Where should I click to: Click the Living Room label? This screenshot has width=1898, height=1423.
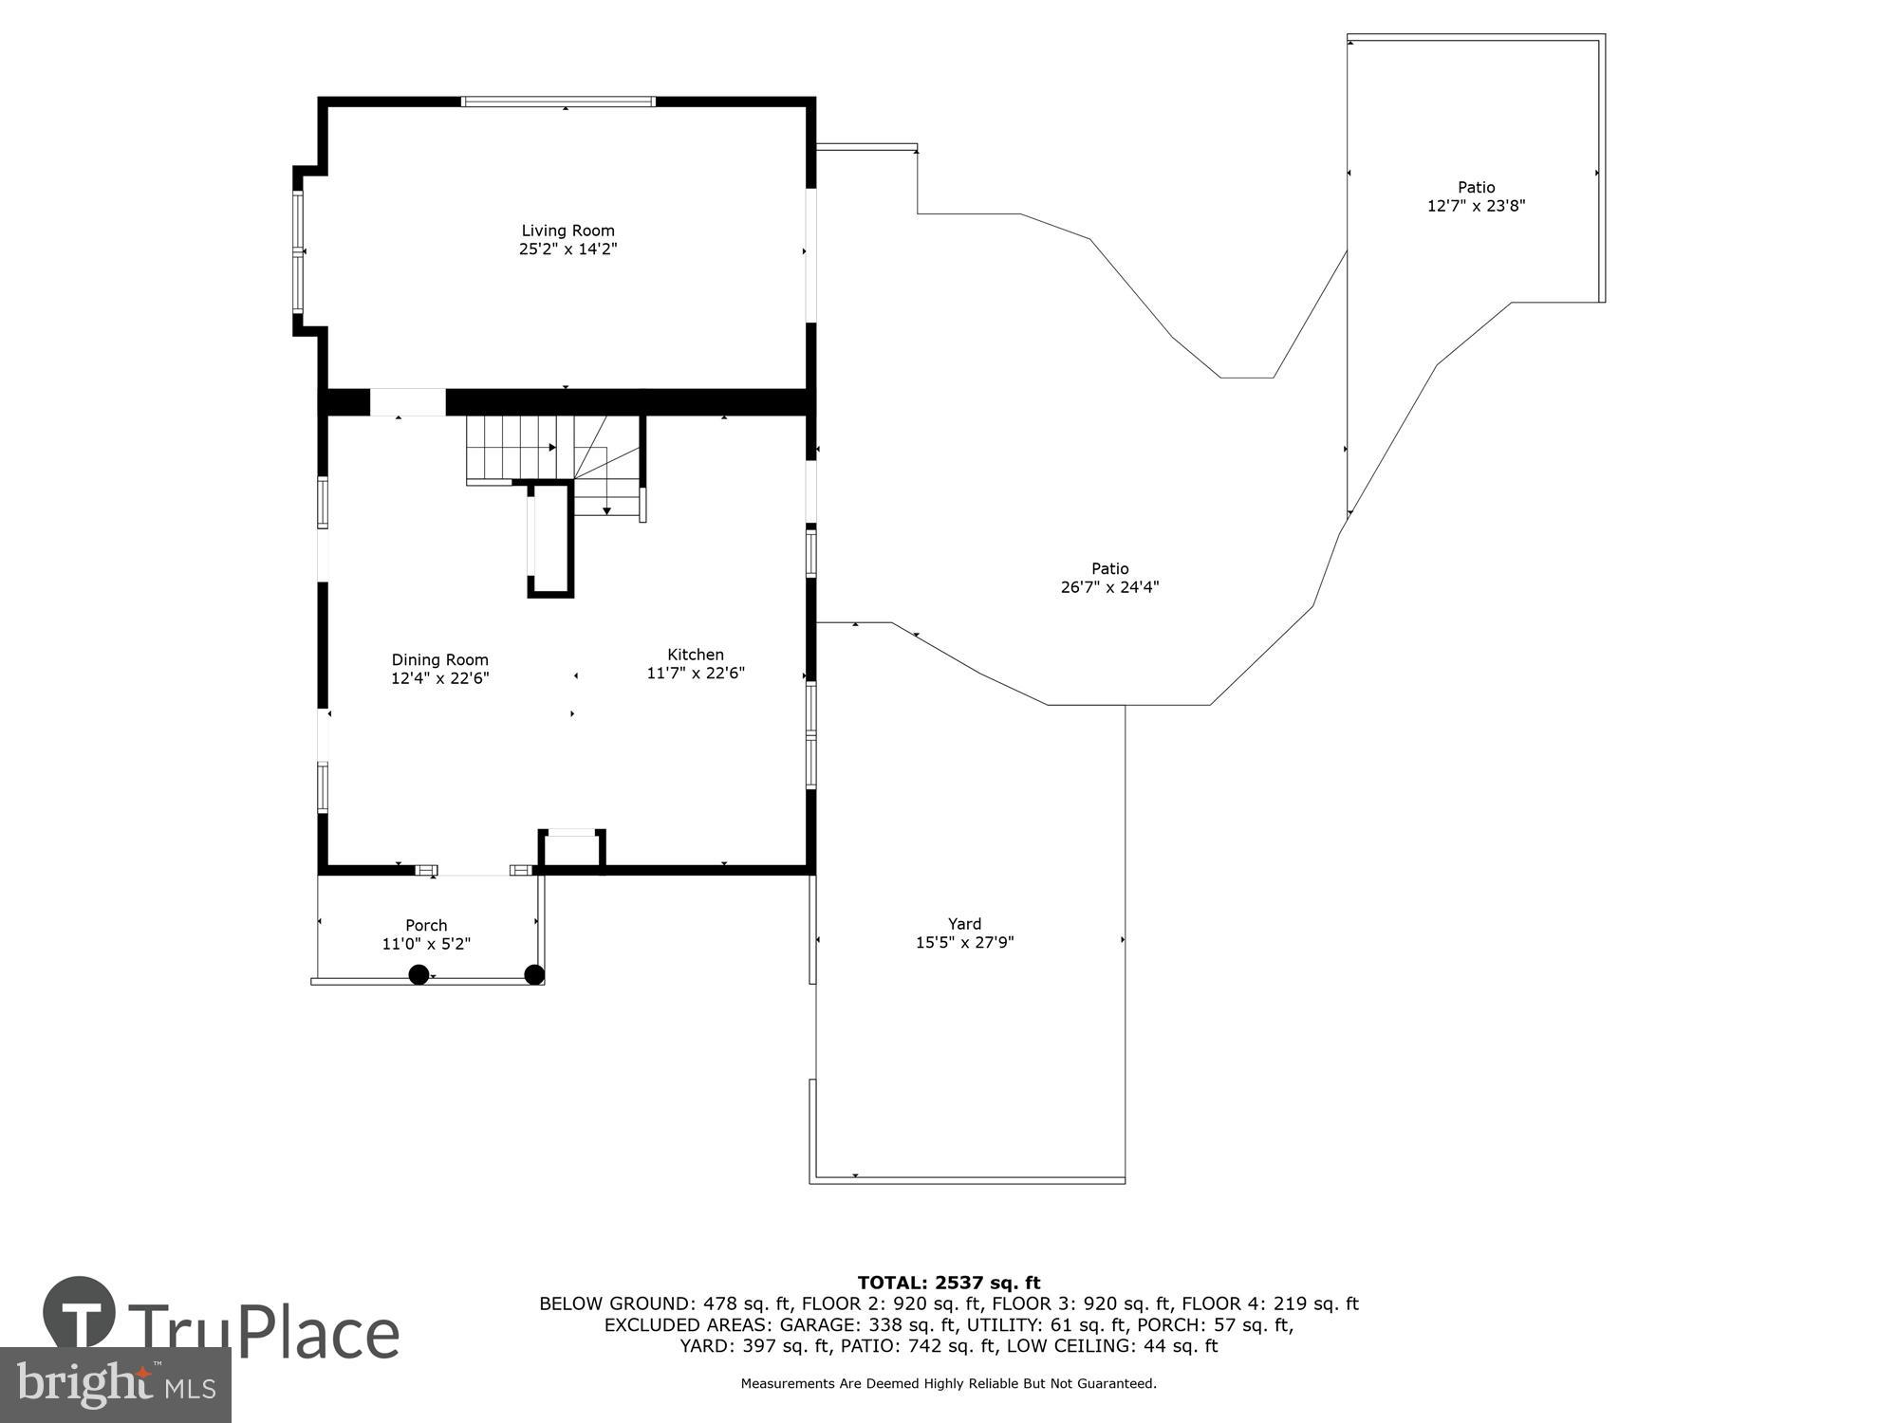click(x=568, y=231)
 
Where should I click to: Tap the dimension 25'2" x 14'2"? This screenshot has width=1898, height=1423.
click(x=568, y=249)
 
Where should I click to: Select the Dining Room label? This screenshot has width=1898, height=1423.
click(x=439, y=660)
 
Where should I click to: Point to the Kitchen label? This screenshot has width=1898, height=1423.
click(x=696, y=655)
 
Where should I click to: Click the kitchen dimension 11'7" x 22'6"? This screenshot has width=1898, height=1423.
click(x=696, y=674)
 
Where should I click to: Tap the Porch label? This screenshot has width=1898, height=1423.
click(x=426, y=925)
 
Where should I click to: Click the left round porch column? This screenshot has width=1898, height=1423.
click(x=419, y=974)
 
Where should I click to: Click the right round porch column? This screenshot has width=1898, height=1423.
click(x=534, y=974)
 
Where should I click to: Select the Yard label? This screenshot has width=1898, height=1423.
click(x=964, y=924)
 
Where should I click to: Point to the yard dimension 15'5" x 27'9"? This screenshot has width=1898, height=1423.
click(x=964, y=943)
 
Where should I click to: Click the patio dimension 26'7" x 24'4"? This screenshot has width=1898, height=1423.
click(x=1109, y=587)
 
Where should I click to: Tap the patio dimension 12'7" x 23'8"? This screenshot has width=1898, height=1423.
click(x=1476, y=206)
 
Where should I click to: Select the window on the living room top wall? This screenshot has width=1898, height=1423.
click(x=558, y=102)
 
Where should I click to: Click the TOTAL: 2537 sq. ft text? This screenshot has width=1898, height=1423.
click(x=948, y=1284)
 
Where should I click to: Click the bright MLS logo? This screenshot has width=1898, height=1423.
click(x=116, y=1384)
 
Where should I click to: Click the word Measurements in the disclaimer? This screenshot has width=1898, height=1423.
click(x=787, y=1384)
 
